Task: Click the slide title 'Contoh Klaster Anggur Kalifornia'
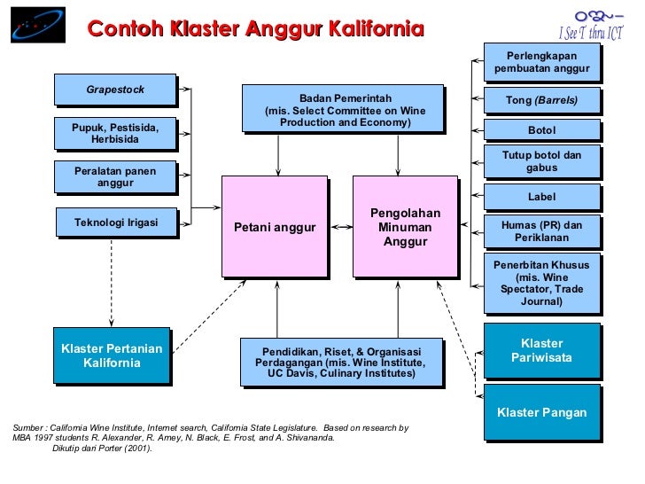(x=255, y=29)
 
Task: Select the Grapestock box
(x=115, y=90)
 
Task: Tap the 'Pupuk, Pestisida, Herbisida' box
(x=115, y=134)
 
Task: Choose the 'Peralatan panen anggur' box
(x=115, y=176)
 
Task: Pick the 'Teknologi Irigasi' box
(x=115, y=222)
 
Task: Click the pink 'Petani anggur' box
(x=275, y=227)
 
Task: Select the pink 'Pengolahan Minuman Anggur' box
(x=405, y=227)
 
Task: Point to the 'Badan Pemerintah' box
(x=343, y=109)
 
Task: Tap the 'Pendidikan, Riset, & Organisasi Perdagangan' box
(x=341, y=362)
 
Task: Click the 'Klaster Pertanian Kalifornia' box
(x=112, y=355)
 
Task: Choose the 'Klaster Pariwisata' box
(x=541, y=350)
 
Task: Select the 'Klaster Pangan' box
(x=541, y=412)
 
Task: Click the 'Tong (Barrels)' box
(x=541, y=100)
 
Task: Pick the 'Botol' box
(x=541, y=130)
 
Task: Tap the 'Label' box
(x=541, y=197)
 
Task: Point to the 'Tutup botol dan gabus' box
(x=541, y=161)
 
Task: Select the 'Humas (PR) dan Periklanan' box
(x=541, y=232)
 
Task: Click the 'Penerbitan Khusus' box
(x=541, y=283)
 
